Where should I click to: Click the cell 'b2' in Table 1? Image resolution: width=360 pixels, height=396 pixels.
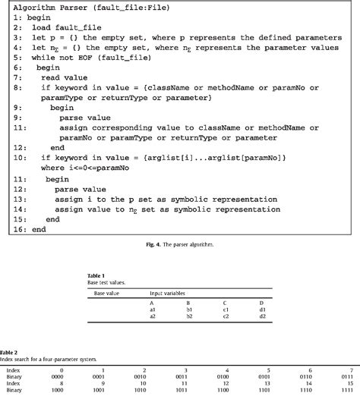(191, 316)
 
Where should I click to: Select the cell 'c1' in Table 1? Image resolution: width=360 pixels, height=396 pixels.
(226, 309)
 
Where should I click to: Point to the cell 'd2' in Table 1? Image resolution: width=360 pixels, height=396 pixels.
(261, 316)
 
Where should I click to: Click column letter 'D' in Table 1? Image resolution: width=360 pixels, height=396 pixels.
(261, 301)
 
